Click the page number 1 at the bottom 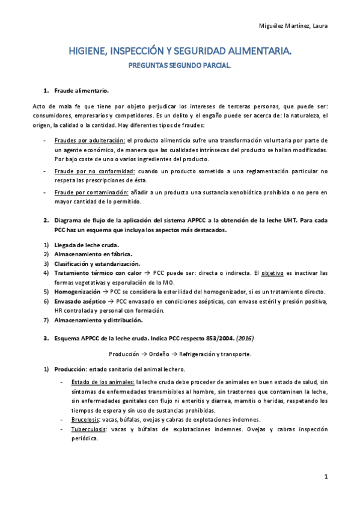325,478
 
